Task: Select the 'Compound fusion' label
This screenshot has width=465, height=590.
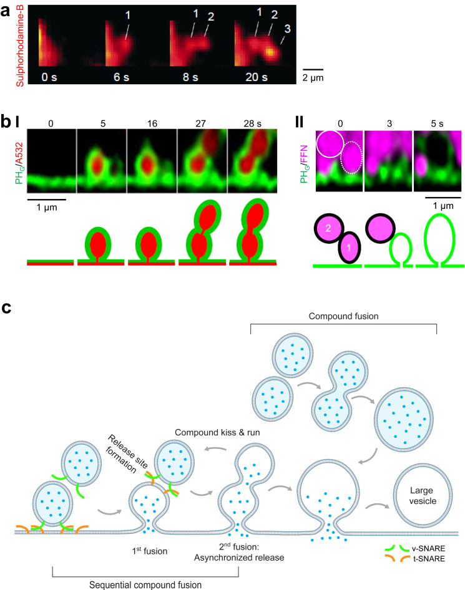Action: (x=343, y=316)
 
